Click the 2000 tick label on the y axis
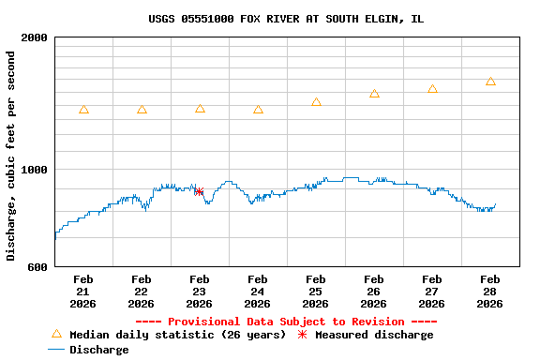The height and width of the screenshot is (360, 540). pos(35,37)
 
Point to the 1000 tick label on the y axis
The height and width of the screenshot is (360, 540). pos(35,169)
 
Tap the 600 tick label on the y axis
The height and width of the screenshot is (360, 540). pos(38,267)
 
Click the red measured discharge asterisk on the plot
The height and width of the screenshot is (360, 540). pos(199,191)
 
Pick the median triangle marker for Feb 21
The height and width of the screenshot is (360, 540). pos(83,110)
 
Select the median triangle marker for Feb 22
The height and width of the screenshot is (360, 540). pos(142,110)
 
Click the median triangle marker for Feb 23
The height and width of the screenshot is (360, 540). pos(200,109)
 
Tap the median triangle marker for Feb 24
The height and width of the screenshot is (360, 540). pos(258,110)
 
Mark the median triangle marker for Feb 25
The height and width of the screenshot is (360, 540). pos(316,102)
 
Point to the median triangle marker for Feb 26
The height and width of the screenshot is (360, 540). pos(374,94)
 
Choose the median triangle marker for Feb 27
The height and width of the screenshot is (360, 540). pos(432,89)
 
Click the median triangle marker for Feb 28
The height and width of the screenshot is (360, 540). pos(490,82)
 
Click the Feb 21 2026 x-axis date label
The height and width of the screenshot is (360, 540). pos(83,291)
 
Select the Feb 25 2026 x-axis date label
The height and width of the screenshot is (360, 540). pos(316,291)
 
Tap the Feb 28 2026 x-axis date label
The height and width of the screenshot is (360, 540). pos(490,291)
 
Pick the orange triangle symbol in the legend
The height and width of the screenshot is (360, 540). pos(56,334)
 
